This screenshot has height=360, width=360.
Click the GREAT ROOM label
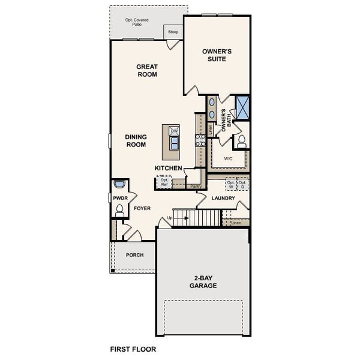[x=146, y=71]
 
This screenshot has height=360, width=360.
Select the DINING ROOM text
[x=136, y=140]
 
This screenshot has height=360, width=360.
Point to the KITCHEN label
[x=169, y=168]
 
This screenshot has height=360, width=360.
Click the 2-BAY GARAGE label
[x=204, y=281]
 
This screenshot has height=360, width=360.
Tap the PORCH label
[x=134, y=255]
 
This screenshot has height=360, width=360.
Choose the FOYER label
[x=142, y=208]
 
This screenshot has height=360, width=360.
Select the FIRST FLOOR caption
[x=133, y=348]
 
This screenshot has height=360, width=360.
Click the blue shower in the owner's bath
[x=242, y=107]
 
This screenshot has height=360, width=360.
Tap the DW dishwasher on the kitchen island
[x=174, y=131]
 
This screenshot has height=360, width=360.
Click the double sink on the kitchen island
[x=175, y=143]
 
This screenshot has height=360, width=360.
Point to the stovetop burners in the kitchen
[x=200, y=140]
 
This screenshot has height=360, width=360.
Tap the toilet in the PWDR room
[x=119, y=209]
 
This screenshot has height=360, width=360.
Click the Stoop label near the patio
[x=173, y=31]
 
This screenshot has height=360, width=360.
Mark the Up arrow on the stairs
[x=170, y=217]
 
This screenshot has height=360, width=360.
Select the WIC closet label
[x=228, y=159]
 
